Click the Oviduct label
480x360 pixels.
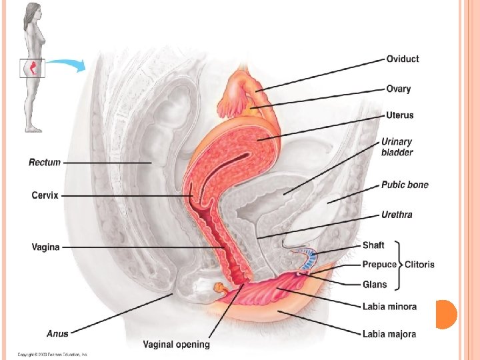tap(403, 59)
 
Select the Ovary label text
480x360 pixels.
tap(399, 89)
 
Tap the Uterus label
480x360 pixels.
tap(400, 115)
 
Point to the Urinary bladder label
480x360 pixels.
tap(397, 147)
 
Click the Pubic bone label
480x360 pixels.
tap(405, 185)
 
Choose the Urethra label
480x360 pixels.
tap(397, 215)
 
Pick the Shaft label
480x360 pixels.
tap(373, 245)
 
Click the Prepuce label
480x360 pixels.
tap(379, 264)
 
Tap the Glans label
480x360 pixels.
tap(375, 285)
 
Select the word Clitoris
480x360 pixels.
tap(419, 264)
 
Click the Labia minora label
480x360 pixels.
tap(390, 307)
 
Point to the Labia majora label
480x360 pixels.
tap(389, 334)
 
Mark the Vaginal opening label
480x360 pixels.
tap(177, 345)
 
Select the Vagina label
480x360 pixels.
tap(46, 247)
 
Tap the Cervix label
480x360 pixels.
tap(45, 195)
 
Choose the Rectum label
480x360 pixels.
tap(45, 162)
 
